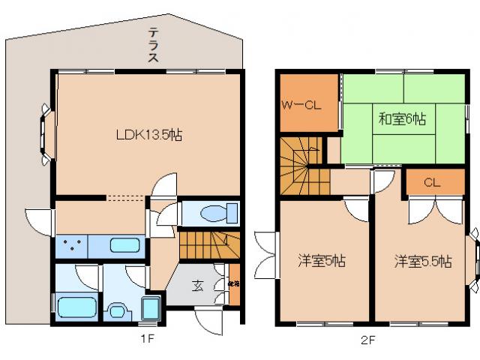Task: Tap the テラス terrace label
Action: (153, 47)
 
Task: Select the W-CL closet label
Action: (301, 105)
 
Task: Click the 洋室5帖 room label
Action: (321, 261)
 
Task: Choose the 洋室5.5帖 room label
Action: (424, 261)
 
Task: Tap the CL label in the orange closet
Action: (431, 182)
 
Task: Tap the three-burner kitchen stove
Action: (71, 245)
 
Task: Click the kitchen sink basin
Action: (123, 245)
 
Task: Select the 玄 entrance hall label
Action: (196, 285)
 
